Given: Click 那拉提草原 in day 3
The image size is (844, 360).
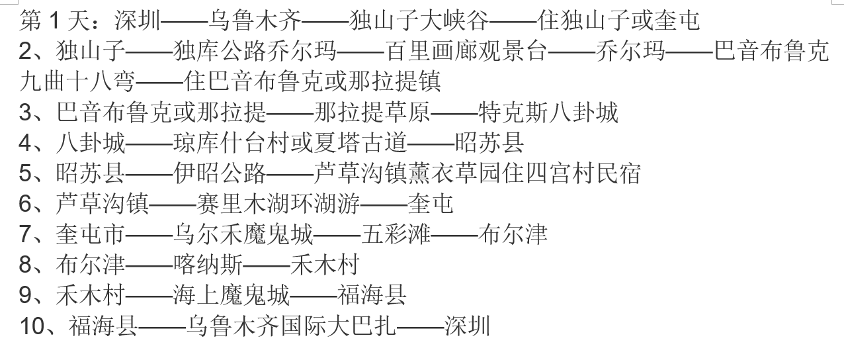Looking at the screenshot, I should pos(372,112).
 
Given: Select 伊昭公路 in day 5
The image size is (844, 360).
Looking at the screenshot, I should pos(220,173).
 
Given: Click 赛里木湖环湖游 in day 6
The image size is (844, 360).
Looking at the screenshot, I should pos(278,204).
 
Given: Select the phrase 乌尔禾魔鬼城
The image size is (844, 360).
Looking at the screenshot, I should pos(243,234).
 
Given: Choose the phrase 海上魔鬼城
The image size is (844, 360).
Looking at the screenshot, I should pos(232,295).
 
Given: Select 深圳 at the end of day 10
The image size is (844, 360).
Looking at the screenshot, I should pos(467,326).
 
